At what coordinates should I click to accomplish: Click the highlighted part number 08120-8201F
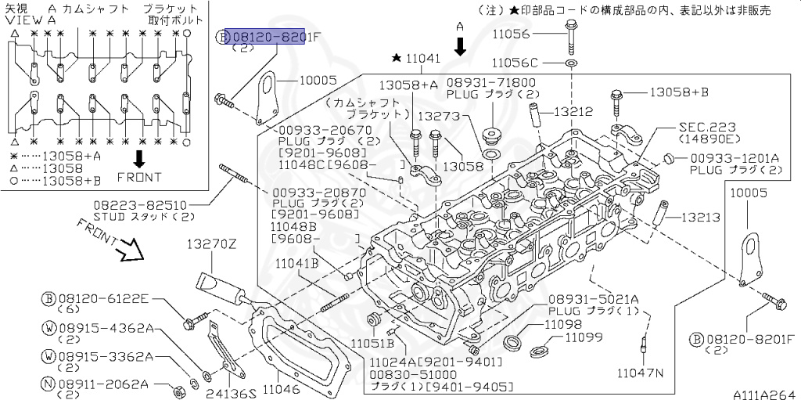[x=265, y=36]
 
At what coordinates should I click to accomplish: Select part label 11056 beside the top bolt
[x=512, y=34]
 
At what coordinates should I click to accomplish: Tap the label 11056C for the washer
[x=515, y=63]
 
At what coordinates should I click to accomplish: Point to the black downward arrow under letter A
[x=460, y=46]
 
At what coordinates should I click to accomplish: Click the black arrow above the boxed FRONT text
[x=138, y=159]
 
